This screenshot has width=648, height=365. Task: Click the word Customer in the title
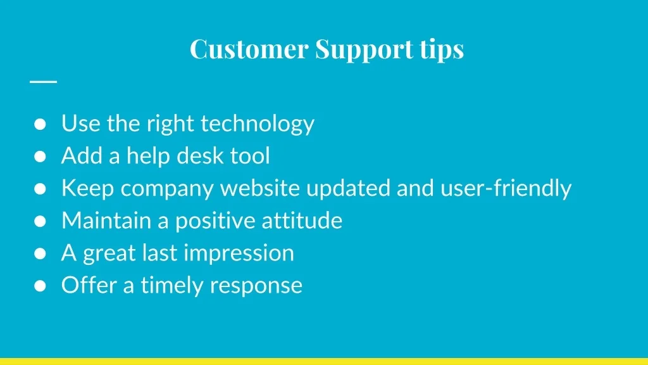pyautogui.click(x=249, y=49)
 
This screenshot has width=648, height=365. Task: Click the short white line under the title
pyautogui.click(x=44, y=82)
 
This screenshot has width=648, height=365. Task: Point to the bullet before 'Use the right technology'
pyautogui.click(x=40, y=124)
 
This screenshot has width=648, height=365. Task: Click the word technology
pyautogui.click(x=258, y=124)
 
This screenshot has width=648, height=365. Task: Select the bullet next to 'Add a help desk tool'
pyautogui.click(x=40, y=157)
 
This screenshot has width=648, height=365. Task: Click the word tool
pyautogui.click(x=250, y=156)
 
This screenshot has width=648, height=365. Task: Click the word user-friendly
pyautogui.click(x=506, y=189)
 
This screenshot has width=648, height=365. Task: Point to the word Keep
pyautogui.click(x=87, y=189)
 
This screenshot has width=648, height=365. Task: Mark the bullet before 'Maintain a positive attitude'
pyautogui.click(x=40, y=221)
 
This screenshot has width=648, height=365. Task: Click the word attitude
pyautogui.click(x=302, y=220)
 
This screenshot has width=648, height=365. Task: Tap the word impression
pyautogui.click(x=239, y=253)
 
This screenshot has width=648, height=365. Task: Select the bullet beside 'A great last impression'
pyautogui.click(x=40, y=253)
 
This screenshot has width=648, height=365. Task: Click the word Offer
pyautogui.click(x=89, y=285)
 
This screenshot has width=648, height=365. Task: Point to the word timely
pyautogui.click(x=172, y=286)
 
